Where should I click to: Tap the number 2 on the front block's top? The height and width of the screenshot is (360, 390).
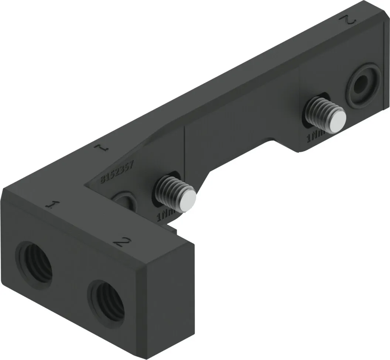tap(122, 242)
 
